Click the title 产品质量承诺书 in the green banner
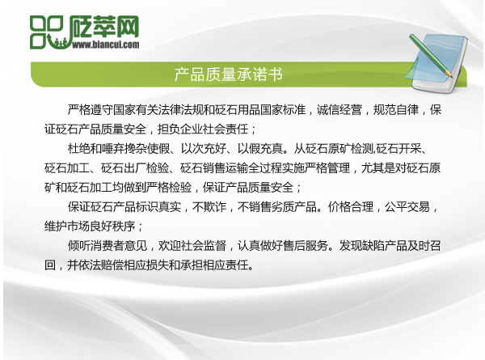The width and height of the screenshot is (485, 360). [x=228, y=75]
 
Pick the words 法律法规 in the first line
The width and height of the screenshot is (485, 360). [x=192, y=108]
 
